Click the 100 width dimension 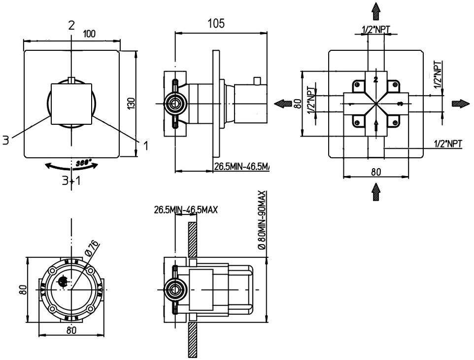[89, 34]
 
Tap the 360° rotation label [84, 162]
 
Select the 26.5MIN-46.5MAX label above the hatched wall [186, 210]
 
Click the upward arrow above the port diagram [376, 10]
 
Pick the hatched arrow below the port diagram [376, 190]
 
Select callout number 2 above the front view [72, 25]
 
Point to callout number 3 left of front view [5, 141]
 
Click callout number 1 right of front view [146, 145]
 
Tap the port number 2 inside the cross [375, 79]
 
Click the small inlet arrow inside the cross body [376, 126]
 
